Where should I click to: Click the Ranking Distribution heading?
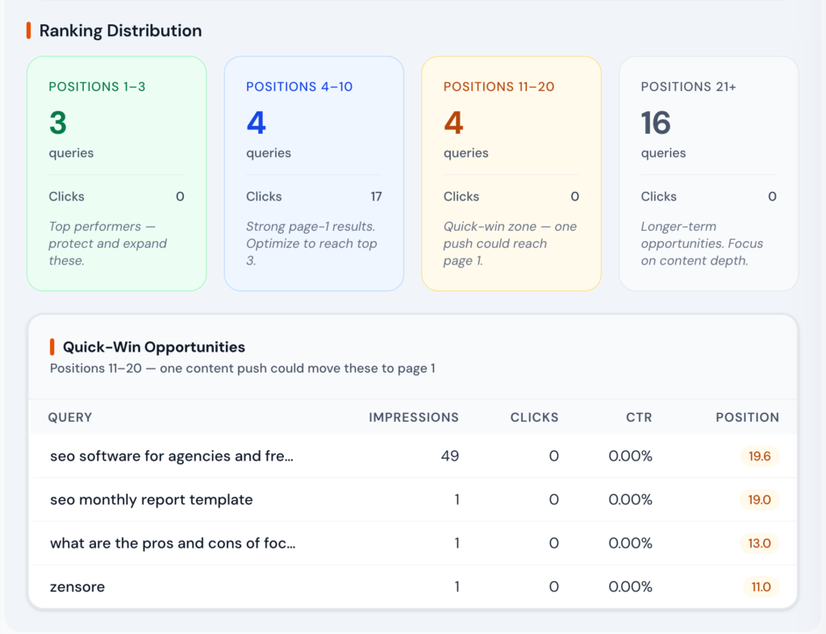coord(120,31)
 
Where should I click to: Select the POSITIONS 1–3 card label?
coord(97,86)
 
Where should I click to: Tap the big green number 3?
coord(58,123)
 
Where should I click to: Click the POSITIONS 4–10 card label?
coord(299,86)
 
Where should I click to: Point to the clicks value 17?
coord(376,196)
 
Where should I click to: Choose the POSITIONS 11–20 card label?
coord(499,86)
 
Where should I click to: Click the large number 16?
coord(656,123)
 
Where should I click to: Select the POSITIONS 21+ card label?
coord(688,86)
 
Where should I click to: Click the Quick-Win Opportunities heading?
coord(153,347)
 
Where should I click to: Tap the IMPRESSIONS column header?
coord(414,417)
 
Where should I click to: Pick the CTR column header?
coord(638,417)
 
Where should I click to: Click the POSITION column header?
coord(747,417)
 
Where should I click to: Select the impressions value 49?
coord(449,456)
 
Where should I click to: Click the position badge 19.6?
coord(759,457)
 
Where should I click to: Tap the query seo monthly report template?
coord(151,499)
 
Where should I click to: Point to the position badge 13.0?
coord(759,544)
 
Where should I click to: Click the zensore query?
coord(77,586)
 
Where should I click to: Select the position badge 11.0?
coord(761,587)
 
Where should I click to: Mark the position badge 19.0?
coord(759,500)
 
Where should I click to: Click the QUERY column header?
coord(70,417)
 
